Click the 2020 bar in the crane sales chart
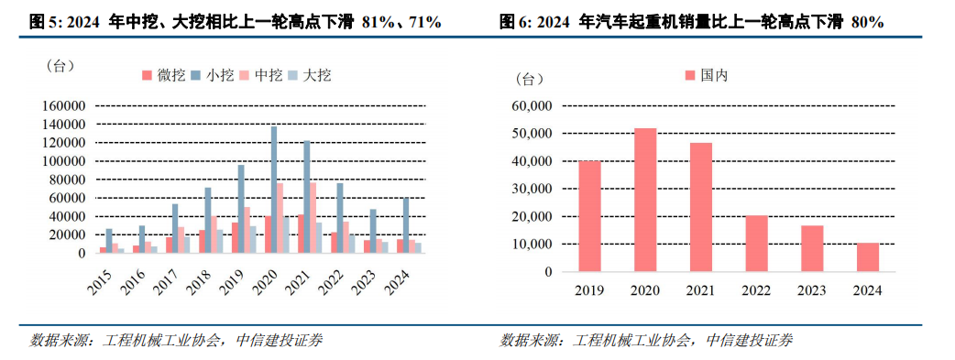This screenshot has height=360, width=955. [644, 200]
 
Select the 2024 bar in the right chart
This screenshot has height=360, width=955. [868, 257]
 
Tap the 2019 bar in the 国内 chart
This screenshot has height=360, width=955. [588, 216]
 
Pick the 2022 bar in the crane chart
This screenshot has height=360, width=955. [756, 244]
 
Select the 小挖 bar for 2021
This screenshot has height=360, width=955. [307, 197]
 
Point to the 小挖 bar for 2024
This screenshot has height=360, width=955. [406, 225]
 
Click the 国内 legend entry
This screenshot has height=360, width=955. [706, 76]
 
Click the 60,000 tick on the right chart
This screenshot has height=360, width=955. [532, 106]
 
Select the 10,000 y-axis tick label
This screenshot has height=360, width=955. [532, 245]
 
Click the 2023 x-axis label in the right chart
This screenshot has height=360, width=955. [812, 291]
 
